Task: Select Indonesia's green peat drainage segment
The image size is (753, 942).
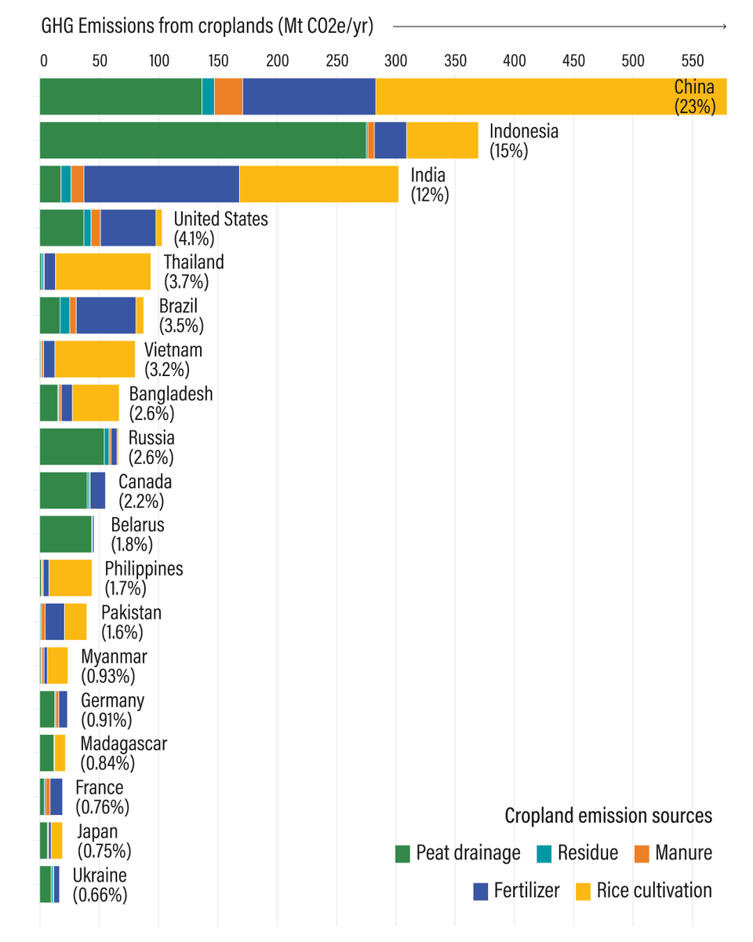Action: point(202,141)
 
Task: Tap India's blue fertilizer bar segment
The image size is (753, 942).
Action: point(162,184)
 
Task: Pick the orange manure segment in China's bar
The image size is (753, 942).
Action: point(228,97)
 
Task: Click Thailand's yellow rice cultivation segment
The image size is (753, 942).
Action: point(103,272)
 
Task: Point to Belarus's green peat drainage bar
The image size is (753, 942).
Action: point(66,535)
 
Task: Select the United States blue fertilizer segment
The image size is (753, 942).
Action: point(128,228)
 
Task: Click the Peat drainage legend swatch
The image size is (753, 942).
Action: point(403,853)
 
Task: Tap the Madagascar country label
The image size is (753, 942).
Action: point(123,743)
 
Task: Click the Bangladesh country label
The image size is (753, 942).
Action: point(170,393)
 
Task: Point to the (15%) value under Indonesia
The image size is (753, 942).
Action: point(508,151)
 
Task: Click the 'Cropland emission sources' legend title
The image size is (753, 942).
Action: point(608,816)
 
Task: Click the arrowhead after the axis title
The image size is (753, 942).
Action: point(724,27)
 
